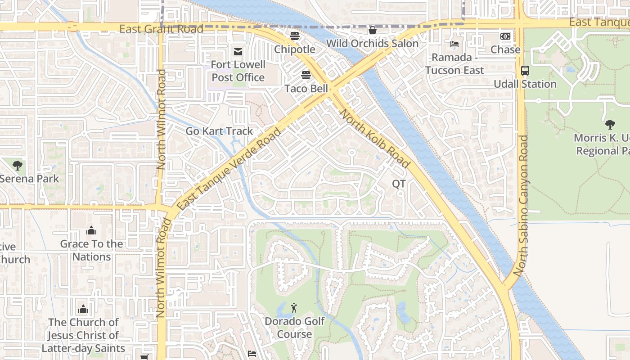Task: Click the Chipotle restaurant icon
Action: click(x=295, y=36)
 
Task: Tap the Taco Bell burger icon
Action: click(x=306, y=75)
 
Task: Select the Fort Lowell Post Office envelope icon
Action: click(x=238, y=52)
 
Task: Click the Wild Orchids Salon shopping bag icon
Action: click(x=372, y=30)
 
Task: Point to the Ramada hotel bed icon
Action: click(x=454, y=44)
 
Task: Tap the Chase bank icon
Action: click(x=505, y=36)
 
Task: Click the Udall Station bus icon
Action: click(x=525, y=71)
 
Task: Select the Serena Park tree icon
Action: click(x=18, y=166)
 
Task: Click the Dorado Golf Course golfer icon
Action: click(x=294, y=308)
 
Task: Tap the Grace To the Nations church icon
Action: click(x=91, y=231)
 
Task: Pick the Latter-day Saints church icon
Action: click(x=83, y=309)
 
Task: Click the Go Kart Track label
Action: click(x=220, y=131)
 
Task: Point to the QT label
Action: click(x=399, y=184)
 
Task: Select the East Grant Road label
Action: click(x=161, y=29)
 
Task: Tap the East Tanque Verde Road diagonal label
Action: click(x=229, y=169)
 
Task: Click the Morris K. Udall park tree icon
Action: click(x=610, y=125)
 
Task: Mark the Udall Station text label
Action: click(x=525, y=84)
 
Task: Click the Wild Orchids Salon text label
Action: click(x=372, y=44)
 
